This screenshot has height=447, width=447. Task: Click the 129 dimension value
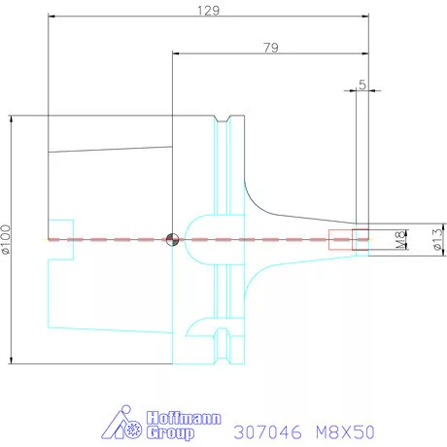[209, 11]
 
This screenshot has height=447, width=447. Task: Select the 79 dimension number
[271, 48]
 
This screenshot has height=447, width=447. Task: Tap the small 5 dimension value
[362, 85]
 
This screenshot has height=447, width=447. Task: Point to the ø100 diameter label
[6, 239]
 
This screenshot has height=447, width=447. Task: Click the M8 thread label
[400, 240]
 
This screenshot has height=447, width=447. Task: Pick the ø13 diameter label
[437, 240]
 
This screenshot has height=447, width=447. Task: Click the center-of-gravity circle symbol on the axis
[172, 240]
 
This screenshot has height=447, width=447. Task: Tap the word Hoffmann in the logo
[184, 418]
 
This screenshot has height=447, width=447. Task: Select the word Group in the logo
[170, 433]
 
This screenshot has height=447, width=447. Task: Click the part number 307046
[267, 432]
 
